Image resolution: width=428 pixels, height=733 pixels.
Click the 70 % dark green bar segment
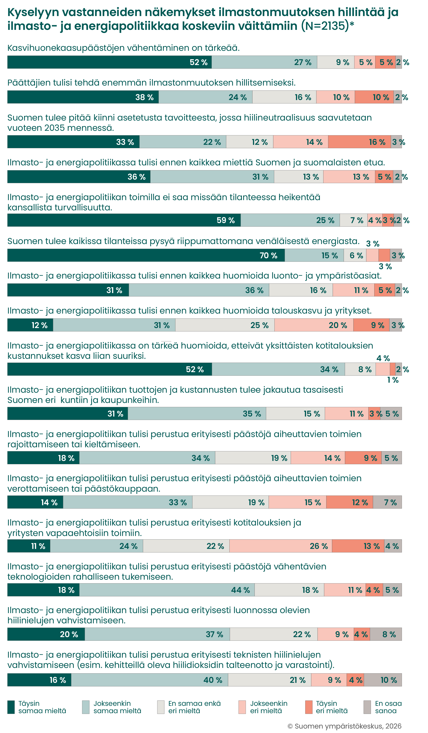[146, 255]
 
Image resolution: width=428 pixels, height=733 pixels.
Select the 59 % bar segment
[124, 220]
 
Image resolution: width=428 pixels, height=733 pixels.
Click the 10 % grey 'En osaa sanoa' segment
[383, 680]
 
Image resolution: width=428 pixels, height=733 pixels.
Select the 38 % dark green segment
[83, 97]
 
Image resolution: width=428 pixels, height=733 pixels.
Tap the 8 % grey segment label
[389, 634]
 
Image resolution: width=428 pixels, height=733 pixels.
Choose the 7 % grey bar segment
[387, 502]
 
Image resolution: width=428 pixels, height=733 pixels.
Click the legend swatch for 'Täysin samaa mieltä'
[11, 707]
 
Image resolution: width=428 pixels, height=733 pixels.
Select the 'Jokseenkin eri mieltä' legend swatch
[242, 707]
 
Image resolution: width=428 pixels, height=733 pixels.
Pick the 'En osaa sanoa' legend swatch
[367, 707]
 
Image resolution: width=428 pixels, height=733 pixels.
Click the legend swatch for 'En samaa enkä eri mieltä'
[160, 707]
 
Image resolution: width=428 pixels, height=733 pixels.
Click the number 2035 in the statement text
[57, 128]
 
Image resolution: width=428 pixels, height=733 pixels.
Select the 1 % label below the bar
[393, 380]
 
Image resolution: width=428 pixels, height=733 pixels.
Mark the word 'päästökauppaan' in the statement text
[122, 489]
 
